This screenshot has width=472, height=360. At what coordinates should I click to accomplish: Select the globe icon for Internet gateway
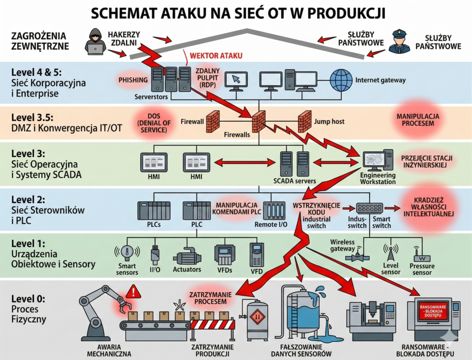coord(342,79)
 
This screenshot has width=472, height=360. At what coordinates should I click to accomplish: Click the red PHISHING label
coord(133,80)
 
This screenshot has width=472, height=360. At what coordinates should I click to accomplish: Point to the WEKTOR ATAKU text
coord(213,56)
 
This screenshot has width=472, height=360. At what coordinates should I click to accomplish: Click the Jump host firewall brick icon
coord(305,121)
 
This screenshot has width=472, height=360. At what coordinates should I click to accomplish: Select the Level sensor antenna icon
coord(390,253)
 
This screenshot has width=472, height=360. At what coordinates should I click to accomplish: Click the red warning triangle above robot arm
coord(134,291)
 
